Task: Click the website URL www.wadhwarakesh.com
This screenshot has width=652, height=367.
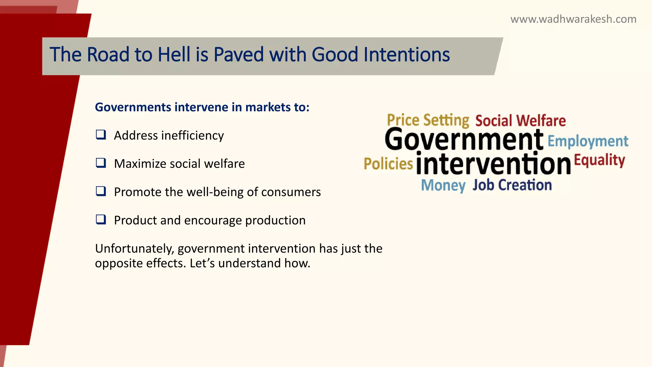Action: coord(573,19)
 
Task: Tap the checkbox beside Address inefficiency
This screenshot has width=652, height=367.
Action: coord(101,135)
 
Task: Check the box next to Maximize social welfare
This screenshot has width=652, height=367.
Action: coord(101,163)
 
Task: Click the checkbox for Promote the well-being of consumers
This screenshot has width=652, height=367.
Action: coord(101,191)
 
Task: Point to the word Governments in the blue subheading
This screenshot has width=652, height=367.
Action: coord(133,107)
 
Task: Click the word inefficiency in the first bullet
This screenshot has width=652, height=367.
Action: coord(193,136)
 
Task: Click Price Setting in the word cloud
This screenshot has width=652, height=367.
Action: coord(428,120)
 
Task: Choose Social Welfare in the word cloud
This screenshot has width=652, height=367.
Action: coord(521,121)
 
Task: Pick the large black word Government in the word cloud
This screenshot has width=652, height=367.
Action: coord(464,140)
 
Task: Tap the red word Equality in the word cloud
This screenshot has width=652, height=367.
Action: coord(599,160)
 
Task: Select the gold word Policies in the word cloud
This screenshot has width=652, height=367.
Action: coord(388,164)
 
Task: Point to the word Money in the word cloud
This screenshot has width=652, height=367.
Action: coord(443,185)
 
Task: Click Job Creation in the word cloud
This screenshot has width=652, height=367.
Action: coord(512,185)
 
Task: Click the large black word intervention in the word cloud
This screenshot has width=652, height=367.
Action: coord(493,164)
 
